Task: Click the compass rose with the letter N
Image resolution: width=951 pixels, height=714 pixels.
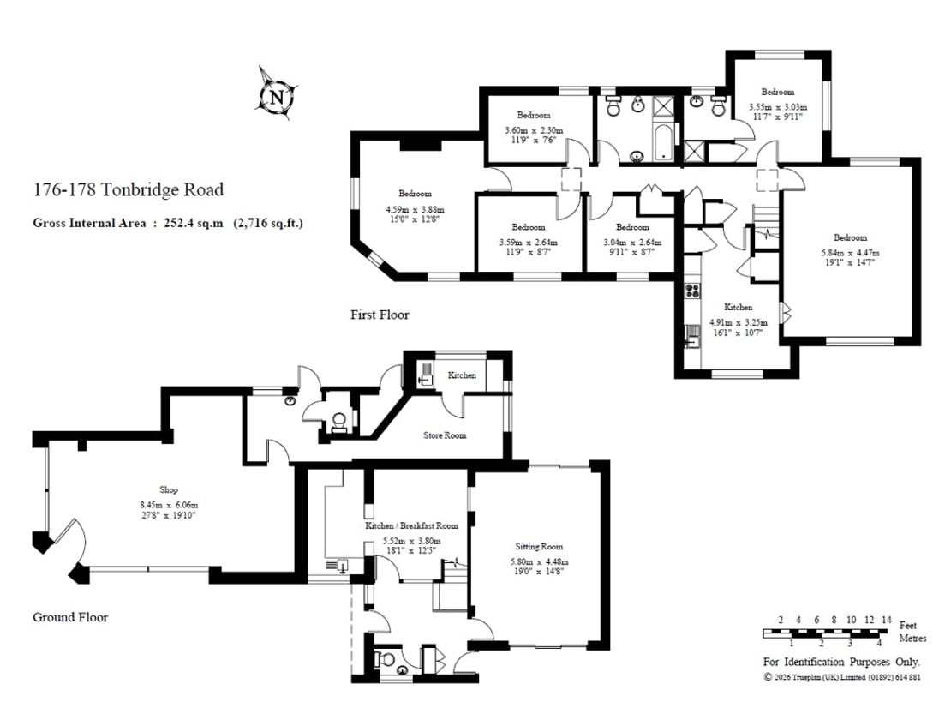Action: tap(277, 95)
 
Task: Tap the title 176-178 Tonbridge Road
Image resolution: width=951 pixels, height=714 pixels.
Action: tap(128, 190)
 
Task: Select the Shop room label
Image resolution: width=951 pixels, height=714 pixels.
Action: tap(169, 489)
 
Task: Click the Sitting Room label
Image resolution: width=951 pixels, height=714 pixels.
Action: tap(539, 547)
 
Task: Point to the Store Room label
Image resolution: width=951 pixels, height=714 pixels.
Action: tap(445, 435)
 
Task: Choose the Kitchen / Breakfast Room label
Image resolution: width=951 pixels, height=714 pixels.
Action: tap(411, 525)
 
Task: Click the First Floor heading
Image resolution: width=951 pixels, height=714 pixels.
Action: tap(380, 315)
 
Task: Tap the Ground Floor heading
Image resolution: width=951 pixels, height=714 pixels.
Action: tap(70, 617)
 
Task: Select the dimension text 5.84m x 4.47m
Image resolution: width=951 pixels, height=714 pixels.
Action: tap(850, 252)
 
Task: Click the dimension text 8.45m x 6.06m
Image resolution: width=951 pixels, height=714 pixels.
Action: tap(169, 505)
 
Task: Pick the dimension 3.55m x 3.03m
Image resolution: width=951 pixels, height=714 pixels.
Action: tap(778, 107)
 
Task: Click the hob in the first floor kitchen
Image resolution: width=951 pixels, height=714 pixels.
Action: tap(692, 291)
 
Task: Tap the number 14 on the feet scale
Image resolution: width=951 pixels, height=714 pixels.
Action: tap(887, 620)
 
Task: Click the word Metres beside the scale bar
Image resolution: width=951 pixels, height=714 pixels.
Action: tap(912, 639)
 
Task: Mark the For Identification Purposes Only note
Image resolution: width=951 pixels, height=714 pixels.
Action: tap(841, 662)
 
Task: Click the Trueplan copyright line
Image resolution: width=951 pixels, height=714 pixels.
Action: tap(842, 677)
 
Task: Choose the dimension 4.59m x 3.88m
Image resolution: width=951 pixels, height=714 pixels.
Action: tap(415, 208)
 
